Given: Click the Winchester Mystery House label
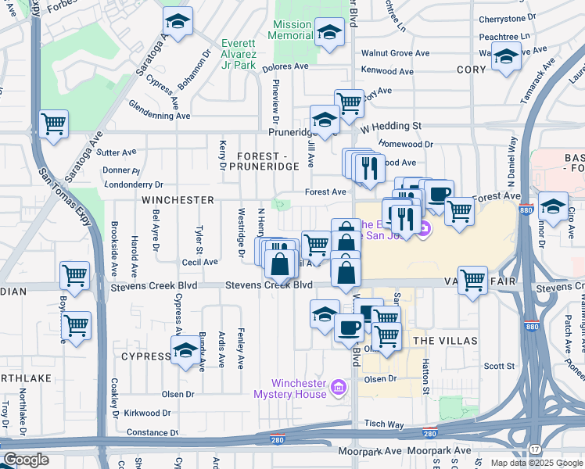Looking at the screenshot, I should pyautogui.click(x=298, y=388).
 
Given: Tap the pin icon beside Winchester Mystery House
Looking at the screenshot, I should pyautogui.click(x=338, y=386).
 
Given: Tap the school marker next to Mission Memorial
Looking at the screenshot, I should pyautogui.click(x=330, y=32).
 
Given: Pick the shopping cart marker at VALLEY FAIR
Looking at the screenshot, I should pyautogui.click(x=472, y=279).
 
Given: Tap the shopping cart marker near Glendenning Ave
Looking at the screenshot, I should pyautogui.click(x=53, y=123).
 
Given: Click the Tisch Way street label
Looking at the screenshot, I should pyautogui.click(x=384, y=424).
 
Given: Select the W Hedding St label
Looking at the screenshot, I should pyautogui.click(x=392, y=125).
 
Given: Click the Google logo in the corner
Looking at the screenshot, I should pyautogui.click(x=26, y=460).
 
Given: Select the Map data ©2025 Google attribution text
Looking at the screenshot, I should pyautogui.click(x=536, y=463).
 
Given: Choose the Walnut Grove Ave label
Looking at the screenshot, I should pyautogui.click(x=395, y=53).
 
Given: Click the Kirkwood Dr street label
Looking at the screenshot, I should pyautogui.click(x=148, y=413).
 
